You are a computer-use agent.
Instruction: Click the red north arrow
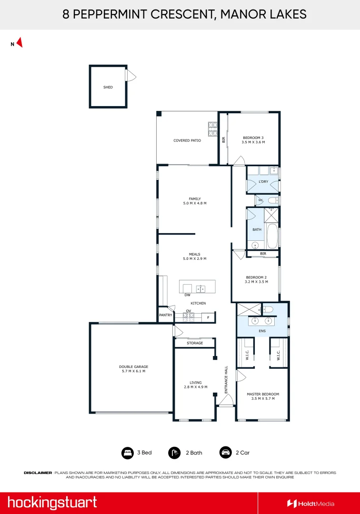point(20,43)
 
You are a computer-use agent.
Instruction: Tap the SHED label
point(108,87)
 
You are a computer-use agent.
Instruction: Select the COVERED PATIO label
point(187,140)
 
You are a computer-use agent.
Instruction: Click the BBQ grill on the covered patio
point(212,129)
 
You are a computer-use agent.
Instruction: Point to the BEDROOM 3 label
point(253,138)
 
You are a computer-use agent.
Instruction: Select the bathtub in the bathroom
point(272,236)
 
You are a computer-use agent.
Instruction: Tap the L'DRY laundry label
point(263,181)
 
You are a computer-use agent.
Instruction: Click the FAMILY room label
point(195,198)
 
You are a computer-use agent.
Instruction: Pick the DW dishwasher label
point(187,295)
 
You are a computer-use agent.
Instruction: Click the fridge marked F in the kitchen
point(208,317)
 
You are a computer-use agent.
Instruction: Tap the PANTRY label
point(166,315)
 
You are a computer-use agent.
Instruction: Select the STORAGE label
point(195,343)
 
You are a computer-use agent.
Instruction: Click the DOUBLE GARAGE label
point(133,366)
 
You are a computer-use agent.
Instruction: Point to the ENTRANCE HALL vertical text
point(226,380)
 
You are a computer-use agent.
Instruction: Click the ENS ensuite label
point(262,331)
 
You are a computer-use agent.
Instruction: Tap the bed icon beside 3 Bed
point(128,453)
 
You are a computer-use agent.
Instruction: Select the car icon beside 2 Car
point(226,453)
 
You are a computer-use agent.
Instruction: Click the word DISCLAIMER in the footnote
point(38,473)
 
